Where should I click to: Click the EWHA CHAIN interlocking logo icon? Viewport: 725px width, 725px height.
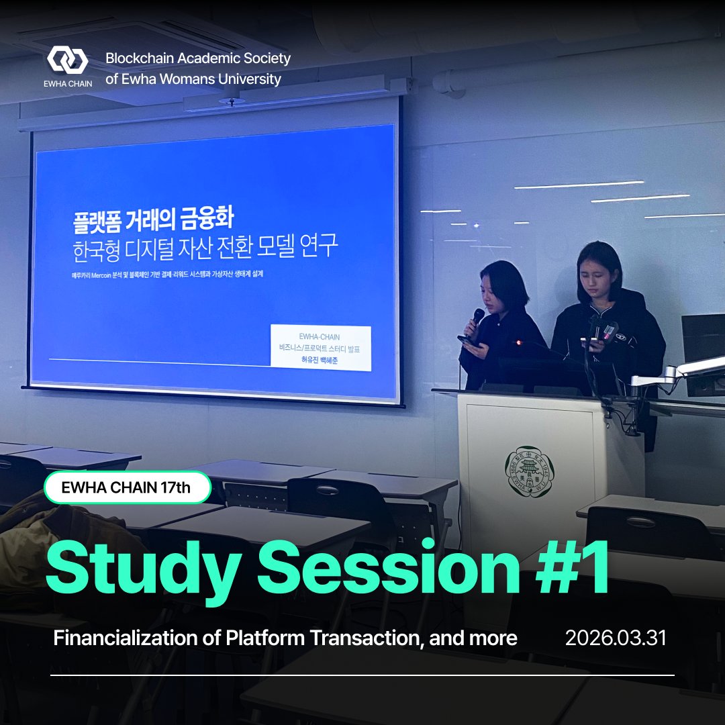click(x=67, y=60)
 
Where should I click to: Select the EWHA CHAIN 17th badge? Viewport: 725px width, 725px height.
click(x=127, y=488)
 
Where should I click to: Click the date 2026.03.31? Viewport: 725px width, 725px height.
click(x=616, y=638)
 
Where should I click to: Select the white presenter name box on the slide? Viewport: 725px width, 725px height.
click(x=320, y=348)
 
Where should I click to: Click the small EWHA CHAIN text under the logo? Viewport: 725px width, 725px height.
click(x=67, y=84)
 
